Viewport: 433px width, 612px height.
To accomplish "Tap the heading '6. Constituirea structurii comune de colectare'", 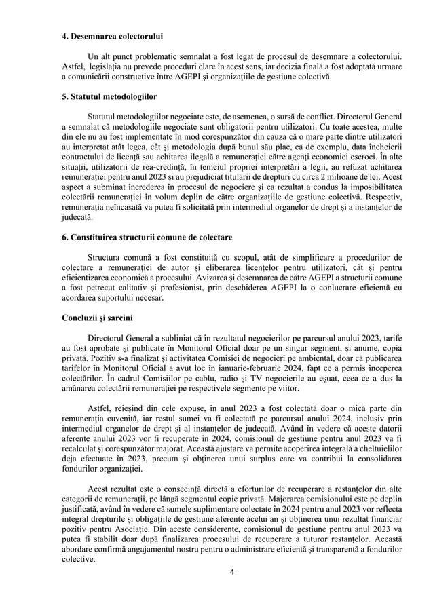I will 146,238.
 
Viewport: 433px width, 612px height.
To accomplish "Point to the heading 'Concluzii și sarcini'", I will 97,317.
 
